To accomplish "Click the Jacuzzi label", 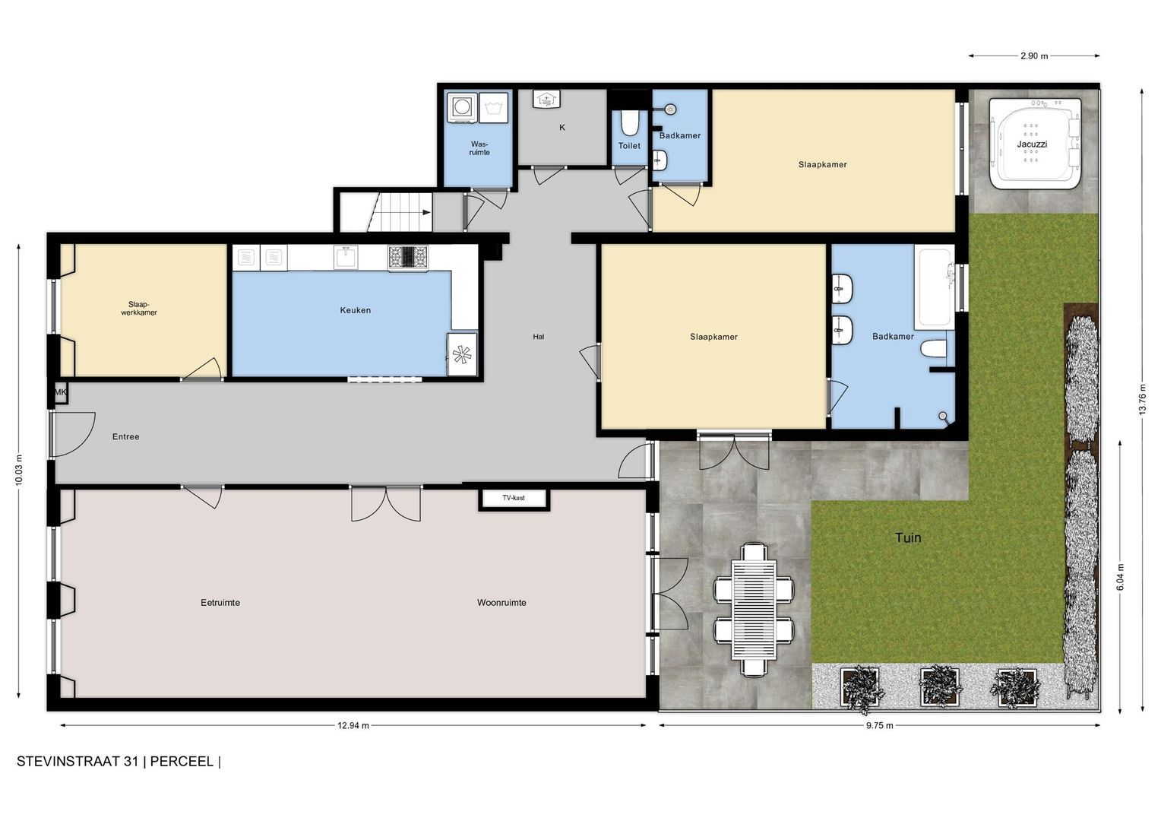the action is [1031, 144].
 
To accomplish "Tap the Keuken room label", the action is [355, 310].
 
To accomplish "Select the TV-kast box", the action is [514, 498].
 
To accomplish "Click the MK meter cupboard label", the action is [61, 392].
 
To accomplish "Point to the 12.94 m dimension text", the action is [353, 725].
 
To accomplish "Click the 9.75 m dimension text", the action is [880, 725].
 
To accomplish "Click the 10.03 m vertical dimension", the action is [19, 469].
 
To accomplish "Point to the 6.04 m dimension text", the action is [1120, 577].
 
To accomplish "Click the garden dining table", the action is [754, 610].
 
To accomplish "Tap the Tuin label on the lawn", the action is [908, 537].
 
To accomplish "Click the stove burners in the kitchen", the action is [408, 257].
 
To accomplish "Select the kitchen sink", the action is [345, 257].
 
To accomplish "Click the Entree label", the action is [126, 436].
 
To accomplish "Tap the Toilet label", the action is [629, 146].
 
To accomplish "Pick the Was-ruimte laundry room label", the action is [479, 148].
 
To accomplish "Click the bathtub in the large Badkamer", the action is [935, 287].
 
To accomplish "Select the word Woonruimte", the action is [501, 603].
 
